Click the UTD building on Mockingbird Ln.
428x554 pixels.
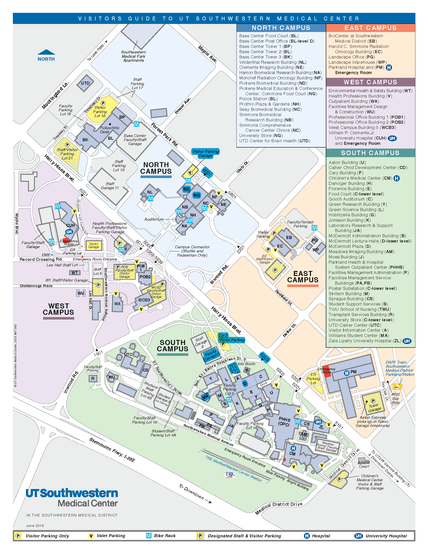85,83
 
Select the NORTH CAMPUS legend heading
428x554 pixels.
281,28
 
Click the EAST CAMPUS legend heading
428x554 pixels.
370,28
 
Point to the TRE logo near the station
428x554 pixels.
230,474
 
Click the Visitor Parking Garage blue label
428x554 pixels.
205,153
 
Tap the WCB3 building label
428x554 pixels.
144,300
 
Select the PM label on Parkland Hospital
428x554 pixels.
353,372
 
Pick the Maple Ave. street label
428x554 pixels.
207,54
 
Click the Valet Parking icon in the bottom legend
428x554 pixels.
91,536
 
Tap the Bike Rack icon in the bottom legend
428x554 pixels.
149,535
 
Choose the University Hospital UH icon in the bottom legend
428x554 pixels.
359,536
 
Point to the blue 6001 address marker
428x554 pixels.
207,173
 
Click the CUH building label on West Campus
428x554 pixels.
70,225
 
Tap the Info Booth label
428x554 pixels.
246,364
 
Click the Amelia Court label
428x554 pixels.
364,464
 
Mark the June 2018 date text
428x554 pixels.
35,526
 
